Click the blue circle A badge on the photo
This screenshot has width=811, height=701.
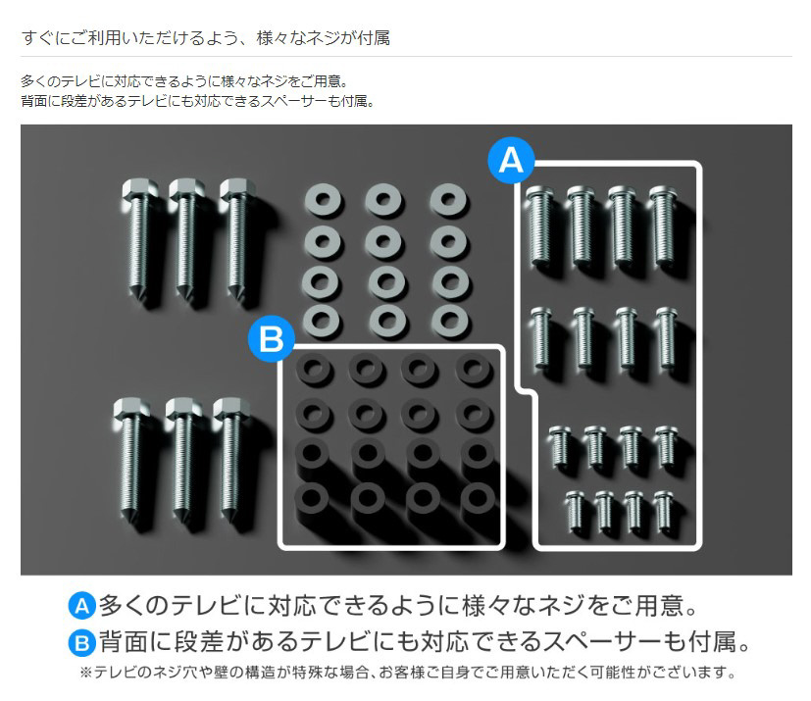click(511, 160)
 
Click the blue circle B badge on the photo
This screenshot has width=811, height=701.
click(271, 339)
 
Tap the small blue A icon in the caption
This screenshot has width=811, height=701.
click(81, 606)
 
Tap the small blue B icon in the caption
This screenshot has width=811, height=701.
click(81, 643)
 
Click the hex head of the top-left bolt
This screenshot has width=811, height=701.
click(136, 189)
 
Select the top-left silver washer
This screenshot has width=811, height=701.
click(323, 200)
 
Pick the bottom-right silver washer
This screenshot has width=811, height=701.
click(449, 321)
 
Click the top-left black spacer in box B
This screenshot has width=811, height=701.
click(314, 369)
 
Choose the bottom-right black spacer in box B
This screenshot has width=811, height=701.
click(478, 498)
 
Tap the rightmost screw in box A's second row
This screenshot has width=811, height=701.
click(666, 337)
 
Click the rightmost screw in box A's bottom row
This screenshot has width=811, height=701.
click(663, 511)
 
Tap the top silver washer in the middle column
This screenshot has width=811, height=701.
click(383, 200)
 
